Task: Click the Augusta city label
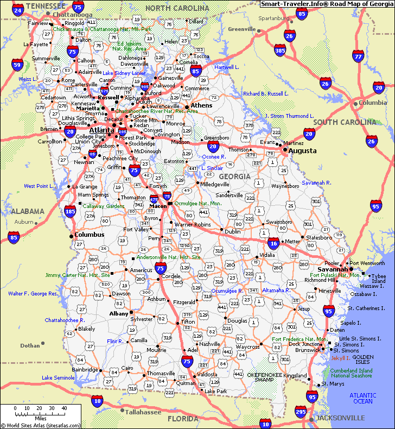click(x=302, y=150)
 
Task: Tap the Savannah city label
click(x=333, y=269)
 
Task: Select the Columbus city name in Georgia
click(x=89, y=235)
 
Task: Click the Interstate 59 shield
click(x=18, y=66)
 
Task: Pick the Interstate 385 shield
click(x=280, y=51)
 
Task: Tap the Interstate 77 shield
click(x=358, y=56)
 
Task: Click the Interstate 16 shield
click(x=273, y=244)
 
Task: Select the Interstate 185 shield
click(x=70, y=211)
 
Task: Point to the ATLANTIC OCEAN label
click(x=363, y=398)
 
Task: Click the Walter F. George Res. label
click(x=33, y=293)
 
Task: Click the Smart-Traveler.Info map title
click(x=327, y=4)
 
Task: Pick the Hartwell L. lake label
click(x=226, y=67)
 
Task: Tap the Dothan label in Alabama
click(x=30, y=345)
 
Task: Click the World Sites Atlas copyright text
click(x=41, y=426)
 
